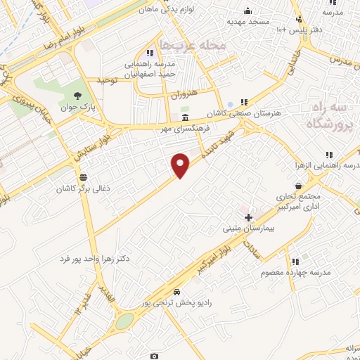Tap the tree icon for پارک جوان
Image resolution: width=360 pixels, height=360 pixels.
coord(77,96)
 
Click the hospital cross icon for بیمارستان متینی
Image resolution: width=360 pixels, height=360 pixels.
coord(248,217)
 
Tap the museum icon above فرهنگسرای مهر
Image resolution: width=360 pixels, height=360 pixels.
coord(185,117)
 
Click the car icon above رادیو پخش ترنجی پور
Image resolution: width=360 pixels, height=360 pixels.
coord(176,292)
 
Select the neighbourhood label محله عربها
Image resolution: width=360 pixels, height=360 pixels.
coord(192,45)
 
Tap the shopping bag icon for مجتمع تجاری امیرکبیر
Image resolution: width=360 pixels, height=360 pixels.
coord(300,186)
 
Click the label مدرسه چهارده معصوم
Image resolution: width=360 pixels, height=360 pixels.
coord(296,272)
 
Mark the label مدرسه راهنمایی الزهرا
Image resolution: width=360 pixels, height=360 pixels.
coord(327,165)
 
